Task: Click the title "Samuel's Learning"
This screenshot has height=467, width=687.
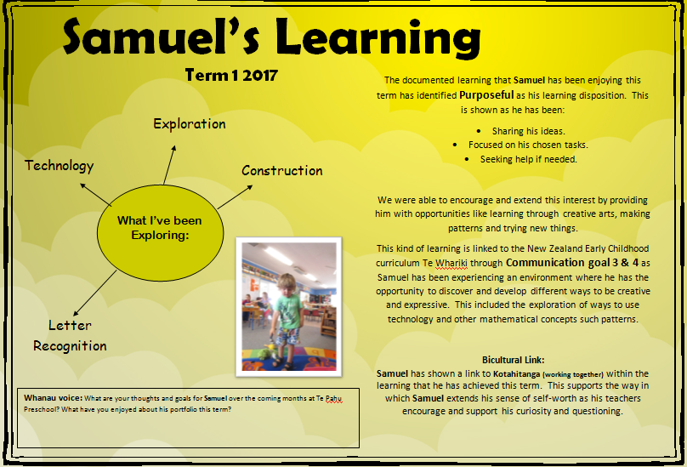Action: coord(271,38)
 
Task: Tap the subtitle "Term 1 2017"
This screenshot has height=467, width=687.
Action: coord(231,76)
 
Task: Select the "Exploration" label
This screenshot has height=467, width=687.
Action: coord(189,124)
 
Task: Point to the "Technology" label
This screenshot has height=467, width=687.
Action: coord(59,166)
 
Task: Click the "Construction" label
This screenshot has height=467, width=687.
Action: coord(281,170)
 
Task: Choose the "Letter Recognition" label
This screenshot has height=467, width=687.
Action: coord(70,335)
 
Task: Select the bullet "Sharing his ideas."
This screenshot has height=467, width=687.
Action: coord(528,132)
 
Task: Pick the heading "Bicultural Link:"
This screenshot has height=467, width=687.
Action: coord(513,360)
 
